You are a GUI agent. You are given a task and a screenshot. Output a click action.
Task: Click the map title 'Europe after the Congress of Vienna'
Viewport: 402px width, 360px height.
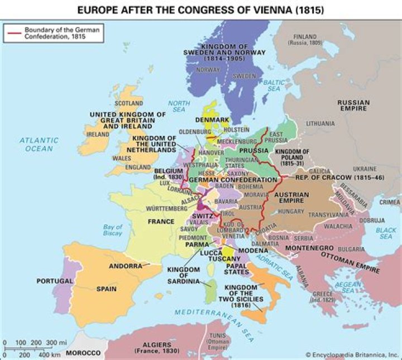click(x=200, y=10)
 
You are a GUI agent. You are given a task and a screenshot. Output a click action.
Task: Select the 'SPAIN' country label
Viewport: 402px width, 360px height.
click(x=106, y=289)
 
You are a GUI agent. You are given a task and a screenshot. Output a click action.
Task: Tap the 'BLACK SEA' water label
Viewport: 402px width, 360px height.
click(x=386, y=234)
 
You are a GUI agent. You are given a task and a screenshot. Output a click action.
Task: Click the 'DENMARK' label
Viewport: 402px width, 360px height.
click(x=212, y=120)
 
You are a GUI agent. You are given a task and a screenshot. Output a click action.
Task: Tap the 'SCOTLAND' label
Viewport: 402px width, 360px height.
click(x=129, y=103)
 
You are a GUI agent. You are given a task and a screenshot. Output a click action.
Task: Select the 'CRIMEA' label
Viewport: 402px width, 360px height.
click(x=390, y=202)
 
